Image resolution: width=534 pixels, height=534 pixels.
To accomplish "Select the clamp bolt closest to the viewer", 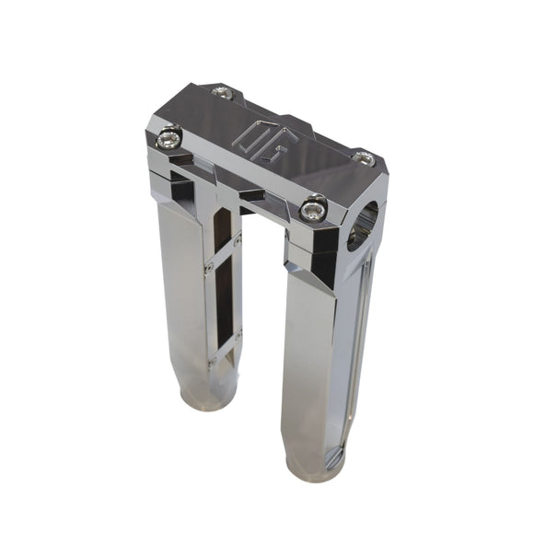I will pyautogui.click(x=314, y=209).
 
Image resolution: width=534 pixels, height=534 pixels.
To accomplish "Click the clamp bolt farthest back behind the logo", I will pyautogui.click(x=222, y=91).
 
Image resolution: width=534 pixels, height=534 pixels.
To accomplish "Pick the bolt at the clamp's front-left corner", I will pyautogui.click(x=168, y=139).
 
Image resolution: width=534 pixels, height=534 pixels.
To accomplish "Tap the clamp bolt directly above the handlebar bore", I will pyautogui.click(x=365, y=158).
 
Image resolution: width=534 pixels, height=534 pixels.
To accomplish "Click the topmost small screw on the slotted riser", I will pyautogui.click(x=238, y=241).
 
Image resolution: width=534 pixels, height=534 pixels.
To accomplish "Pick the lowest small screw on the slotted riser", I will pyautogui.click(x=213, y=362).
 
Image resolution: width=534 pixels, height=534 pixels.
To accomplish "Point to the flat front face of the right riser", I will pyautogui.click(x=313, y=368).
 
